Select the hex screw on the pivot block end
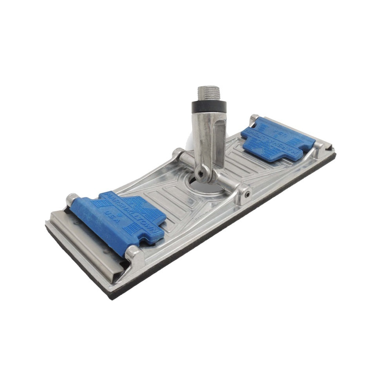[x=246, y=194]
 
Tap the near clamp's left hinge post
[x=71, y=199]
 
